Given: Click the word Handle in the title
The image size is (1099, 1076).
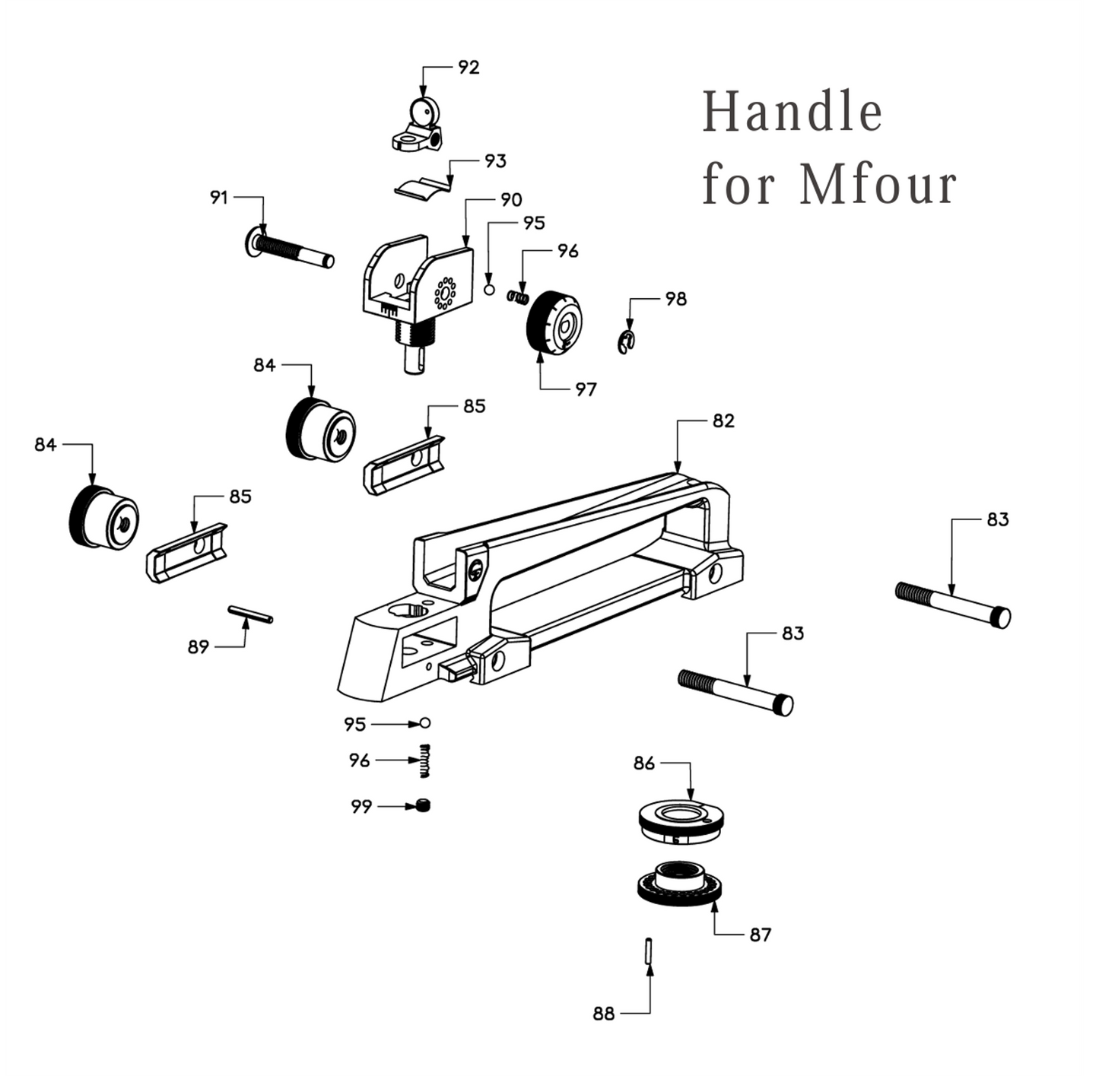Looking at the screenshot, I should [x=791, y=112].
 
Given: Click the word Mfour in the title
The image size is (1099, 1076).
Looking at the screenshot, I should [x=878, y=185].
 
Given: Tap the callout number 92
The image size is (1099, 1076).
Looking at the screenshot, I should [x=469, y=68].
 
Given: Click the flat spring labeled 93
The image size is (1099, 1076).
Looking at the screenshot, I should [x=421, y=188].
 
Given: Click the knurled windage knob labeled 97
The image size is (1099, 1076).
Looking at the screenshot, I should [x=554, y=322].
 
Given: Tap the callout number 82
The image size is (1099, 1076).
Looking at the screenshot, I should [x=723, y=421].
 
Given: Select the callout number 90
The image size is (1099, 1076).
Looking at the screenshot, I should [x=511, y=200].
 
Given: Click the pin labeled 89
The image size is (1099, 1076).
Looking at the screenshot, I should [x=250, y=614].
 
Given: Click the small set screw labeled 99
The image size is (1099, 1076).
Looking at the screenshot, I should [x=424, y=806].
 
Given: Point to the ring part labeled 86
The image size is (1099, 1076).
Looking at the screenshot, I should [x=680, y=820].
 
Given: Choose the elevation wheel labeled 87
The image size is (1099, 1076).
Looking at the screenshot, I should [x=679, y=885].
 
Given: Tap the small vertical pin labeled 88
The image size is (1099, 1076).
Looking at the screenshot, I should [x=647, y=951].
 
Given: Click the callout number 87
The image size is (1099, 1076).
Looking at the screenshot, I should [x=760, y=935].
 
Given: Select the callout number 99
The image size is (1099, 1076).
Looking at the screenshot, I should [x=361, y=807].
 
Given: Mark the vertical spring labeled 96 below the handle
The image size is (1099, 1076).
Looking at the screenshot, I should [x=425, y=760].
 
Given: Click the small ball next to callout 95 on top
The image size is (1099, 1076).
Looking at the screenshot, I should [x=490, y=290].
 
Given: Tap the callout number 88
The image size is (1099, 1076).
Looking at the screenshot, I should [x=603, y=1014].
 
